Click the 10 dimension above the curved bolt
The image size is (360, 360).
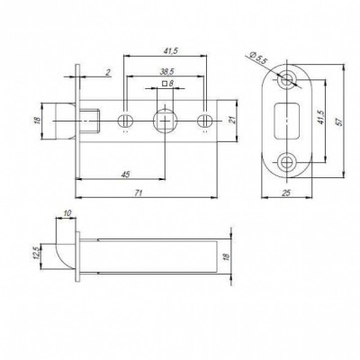tap(68, 214)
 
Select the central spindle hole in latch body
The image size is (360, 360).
tap(165, 120)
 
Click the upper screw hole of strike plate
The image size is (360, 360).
tap(288, 78)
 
